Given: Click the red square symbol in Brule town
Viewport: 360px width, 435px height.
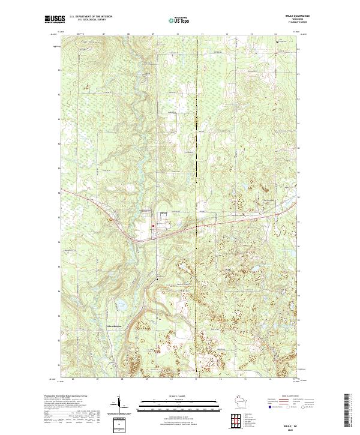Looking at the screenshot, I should (153, 226).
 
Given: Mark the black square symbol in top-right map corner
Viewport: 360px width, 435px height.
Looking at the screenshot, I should (277, 41).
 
